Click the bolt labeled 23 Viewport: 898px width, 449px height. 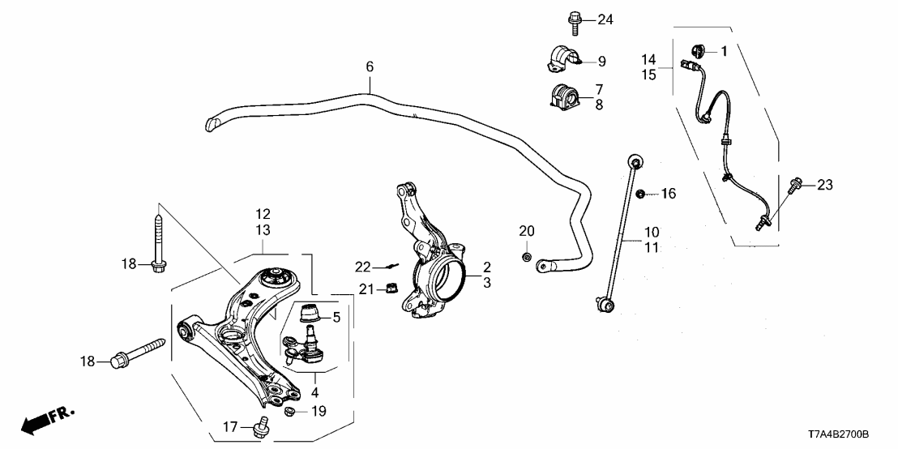tap(792, 186)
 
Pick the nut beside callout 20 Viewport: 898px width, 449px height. tap(526, 258)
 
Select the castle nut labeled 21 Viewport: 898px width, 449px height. tap(390, 287)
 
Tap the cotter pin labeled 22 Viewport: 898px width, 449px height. tap(391, 265)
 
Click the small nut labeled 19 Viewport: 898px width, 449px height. tap(290, 413)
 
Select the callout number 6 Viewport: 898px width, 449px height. tap(370, 66)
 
